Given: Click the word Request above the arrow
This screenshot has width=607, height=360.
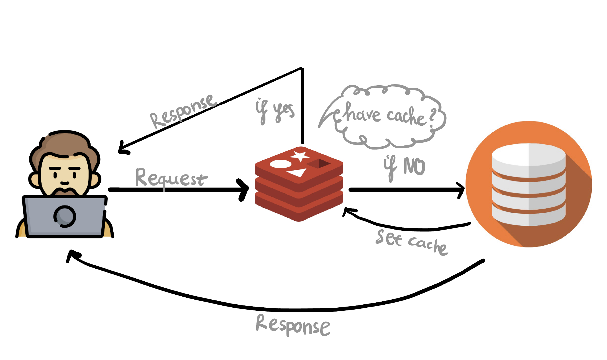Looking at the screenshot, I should pyautogui.click(x=171, y=178).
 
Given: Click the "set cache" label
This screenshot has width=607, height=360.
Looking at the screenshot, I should pyautogui.click(x=411, y=241).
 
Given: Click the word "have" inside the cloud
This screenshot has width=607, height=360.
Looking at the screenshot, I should pyautogui.click(x=362, y=114).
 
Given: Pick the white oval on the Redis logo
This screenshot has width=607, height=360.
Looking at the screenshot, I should pyautogui.click(x=280, y=164).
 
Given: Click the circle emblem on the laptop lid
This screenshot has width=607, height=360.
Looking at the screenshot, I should pyautogui.click(x=65, y=216).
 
